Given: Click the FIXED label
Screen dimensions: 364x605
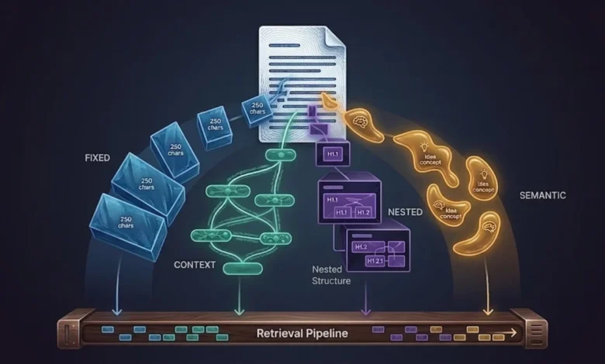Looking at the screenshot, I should pyautogui.click(x=97, y=158).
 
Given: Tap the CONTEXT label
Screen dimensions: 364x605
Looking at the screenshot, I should pyautogui.click(x=195, y=265).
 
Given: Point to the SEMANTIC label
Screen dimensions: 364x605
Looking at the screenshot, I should pyautogui.click(x=543, y=195).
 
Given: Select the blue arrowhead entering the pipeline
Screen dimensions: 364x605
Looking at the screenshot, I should pyautogui.click(x=117, y=311).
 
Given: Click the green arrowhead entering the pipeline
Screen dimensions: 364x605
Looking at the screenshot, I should pyautogui.click(x=239, y=311).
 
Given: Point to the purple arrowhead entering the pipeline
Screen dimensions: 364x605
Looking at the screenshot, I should pyautogui.click(x=367, y=311).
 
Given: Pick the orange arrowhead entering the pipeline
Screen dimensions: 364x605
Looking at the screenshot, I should pyautogui.click(x=488, y=311).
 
